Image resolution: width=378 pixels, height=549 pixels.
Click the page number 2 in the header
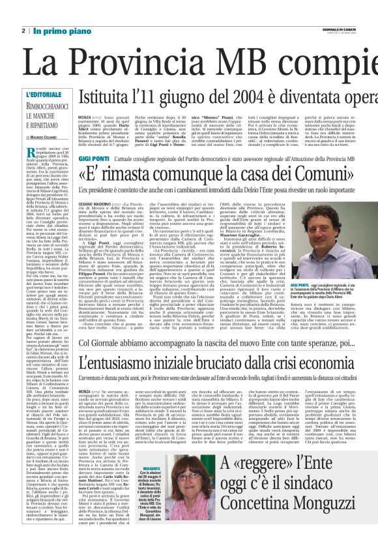(24, 31)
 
